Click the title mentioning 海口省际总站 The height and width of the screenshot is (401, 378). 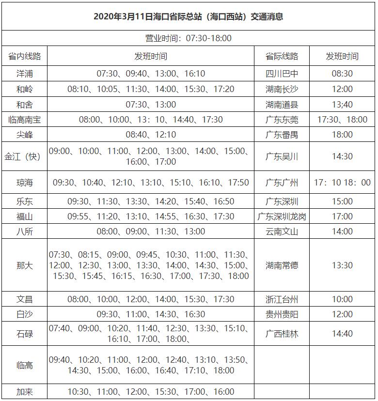click(189, 16)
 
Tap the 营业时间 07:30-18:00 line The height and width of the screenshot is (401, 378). click(189, 38)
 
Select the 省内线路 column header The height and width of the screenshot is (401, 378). click(25, 56)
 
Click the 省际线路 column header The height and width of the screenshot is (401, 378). click(282, 56)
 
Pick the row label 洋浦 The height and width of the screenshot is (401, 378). click(25, 74)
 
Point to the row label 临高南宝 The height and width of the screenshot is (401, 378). click(25, 119)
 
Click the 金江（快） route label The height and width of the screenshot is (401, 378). click(25, 156)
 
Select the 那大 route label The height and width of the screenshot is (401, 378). click(25, 265)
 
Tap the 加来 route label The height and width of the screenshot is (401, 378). click(25, 392)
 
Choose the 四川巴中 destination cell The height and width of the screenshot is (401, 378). click(282, 74)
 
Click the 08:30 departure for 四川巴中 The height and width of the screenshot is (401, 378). click(342, 74)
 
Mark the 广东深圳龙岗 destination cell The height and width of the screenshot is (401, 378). click(282, 216)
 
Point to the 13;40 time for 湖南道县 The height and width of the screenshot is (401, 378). click(342, 104)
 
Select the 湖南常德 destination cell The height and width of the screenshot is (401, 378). click(282, 265)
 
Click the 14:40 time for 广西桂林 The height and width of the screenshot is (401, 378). click(342, 334)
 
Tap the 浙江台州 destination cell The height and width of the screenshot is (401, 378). click(282, 299)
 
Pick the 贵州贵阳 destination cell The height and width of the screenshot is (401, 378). click(282, 314)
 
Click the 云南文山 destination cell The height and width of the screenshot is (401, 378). click(282, 231)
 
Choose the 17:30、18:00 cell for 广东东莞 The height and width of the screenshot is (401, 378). click(342, 119)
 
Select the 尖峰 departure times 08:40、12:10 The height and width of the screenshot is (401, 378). click(151, 134)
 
